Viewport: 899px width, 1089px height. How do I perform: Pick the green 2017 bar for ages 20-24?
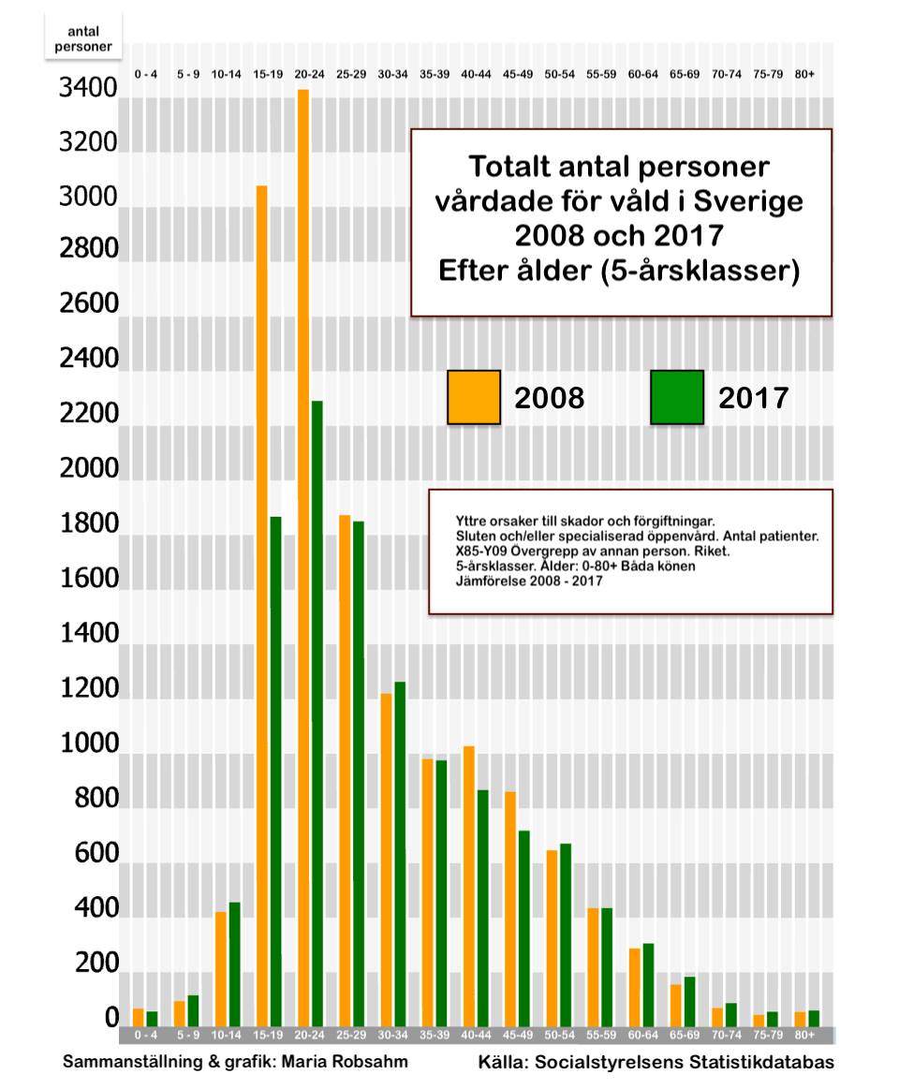pyautogui.click(x=317, y=713)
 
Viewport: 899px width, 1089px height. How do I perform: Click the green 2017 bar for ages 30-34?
pyautogui.click(x=400, y=853)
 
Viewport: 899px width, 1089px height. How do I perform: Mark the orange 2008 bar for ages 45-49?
pyautogui.click(x=510, y=907)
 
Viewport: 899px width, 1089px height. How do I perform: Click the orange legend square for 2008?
pyautogui.click(x=473, y=397)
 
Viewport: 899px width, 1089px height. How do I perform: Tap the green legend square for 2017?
pyautogui.click(x=676, y=397)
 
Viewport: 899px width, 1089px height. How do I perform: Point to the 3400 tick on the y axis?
pyautogui.click(x=88, y=90)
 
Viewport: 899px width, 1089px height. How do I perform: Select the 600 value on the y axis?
pyautogui.click(x=88, y=854)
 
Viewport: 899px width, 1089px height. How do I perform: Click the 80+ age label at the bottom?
pyautogui.click(x=804, y=1036)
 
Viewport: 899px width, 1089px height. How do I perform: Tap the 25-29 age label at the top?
pyautogui.click(x=351, y=74)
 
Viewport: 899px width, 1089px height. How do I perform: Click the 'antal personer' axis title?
pyautogui.click(x=83, y=38)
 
